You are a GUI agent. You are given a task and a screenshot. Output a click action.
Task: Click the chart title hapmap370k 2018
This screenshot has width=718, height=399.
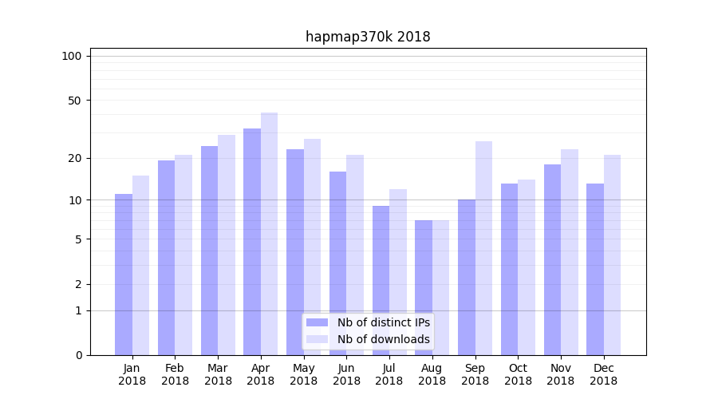pyautogui.click(x=368, y=37)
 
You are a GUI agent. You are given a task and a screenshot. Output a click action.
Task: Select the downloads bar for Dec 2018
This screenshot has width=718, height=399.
pyautogui.click(x=612, y=255)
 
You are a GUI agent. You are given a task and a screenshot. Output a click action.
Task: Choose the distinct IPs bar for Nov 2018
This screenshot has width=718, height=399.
pyautogui.click(x=552, y=259)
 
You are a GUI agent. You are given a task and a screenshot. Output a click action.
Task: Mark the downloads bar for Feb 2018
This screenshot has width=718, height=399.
pyautogui.click(x=183, y=255)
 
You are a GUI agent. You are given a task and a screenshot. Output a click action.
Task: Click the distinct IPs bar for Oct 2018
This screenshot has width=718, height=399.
pyautogui.click(x=509, y=269)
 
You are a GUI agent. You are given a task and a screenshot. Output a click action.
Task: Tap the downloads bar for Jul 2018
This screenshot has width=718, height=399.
pyautogui.click(x=397, y=271)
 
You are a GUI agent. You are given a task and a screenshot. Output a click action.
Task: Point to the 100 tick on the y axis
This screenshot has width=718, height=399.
pyautogui.click(x=72, y=56)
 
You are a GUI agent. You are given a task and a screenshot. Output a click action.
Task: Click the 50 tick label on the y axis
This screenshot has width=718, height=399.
pyautogui.click(x=74, y=101)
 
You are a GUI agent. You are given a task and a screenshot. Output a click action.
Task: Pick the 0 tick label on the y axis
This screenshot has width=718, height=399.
pyautogui.click(x=78, y=355)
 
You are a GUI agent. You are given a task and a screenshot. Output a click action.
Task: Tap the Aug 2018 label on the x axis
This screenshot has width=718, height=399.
pyautogui.click(x=432, y=374)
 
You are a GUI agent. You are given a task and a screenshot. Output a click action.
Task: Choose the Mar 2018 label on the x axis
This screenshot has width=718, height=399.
pyautogui.click(x=218, y=374)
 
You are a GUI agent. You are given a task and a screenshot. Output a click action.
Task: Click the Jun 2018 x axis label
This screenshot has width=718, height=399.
pyautogui.click(x=346, y=374)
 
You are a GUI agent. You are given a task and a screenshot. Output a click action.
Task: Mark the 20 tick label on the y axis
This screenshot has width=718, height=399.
pyautogui.click(x=74, y=158)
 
